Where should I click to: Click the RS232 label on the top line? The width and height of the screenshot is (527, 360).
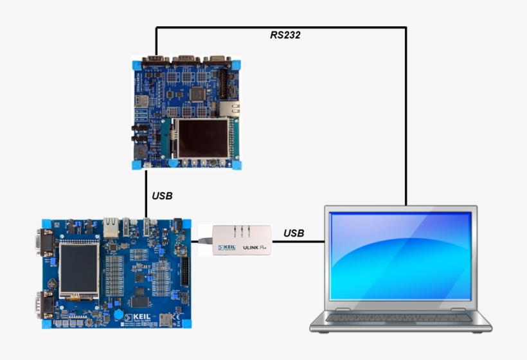pyautogui.click(x=285, y=35)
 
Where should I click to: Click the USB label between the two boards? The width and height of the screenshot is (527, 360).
pyautogui.click(x=162, y=195)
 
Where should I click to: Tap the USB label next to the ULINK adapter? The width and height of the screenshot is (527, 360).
pyautogui.click(x=294, y=233)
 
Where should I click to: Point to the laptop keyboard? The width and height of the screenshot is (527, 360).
pyautogui.click(x=399, y=318)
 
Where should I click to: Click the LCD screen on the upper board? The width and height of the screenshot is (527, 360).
pyautogui.click(x=203, y=138)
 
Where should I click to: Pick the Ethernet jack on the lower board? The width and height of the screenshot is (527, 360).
pyautogui.click(x=111, y=226)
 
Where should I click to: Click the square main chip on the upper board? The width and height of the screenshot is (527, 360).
pyautogui.click(x=198, y=94)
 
